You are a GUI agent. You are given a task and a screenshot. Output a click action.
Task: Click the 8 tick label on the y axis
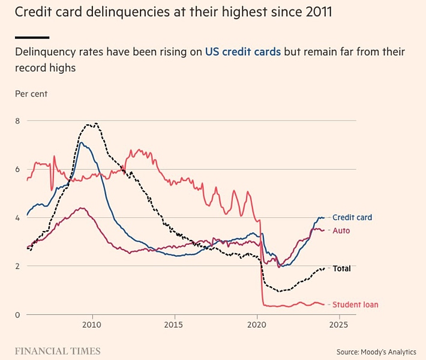[x=17, y=121]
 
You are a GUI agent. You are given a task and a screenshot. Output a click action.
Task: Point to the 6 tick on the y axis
[x=17, y=169]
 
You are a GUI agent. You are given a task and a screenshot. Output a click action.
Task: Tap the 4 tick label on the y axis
[x=17, y=218]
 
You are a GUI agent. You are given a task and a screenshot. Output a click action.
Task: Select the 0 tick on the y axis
[x=17, y=315]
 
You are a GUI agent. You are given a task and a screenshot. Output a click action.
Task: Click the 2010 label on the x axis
[x=92, y=325]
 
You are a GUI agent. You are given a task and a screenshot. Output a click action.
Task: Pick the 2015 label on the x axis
[x=174, y=325]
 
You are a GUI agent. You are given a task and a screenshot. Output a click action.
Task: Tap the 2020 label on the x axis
[x=257, y=325]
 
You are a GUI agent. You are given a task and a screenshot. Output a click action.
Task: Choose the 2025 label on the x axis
[x=339, y=325]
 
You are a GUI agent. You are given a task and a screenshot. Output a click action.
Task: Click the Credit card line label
[x=352, y=217]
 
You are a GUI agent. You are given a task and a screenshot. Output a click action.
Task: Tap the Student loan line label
[x=355, y=305]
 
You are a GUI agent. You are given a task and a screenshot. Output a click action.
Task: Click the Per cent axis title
[x=31, y=94]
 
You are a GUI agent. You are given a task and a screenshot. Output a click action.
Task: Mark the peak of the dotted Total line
[x=93, y=124]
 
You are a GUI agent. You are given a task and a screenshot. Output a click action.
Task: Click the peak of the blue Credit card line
[x=81, y=142]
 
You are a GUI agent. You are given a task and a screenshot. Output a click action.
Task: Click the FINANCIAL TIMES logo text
[x=58, y=350]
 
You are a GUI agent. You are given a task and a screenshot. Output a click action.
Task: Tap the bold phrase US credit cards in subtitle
[x=243, y=52]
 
